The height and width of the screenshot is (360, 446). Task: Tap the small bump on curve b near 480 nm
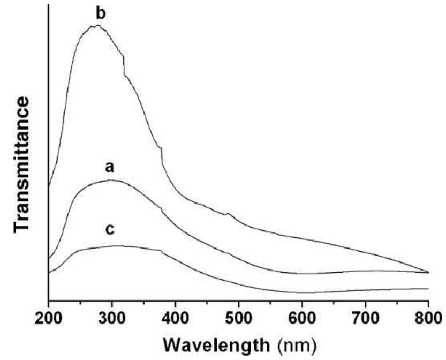[229, 214]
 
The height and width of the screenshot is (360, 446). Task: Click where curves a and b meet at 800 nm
[428, 272]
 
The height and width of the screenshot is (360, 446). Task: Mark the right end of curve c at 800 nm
[428, 289]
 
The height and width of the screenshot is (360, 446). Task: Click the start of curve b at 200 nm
[49, 186]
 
